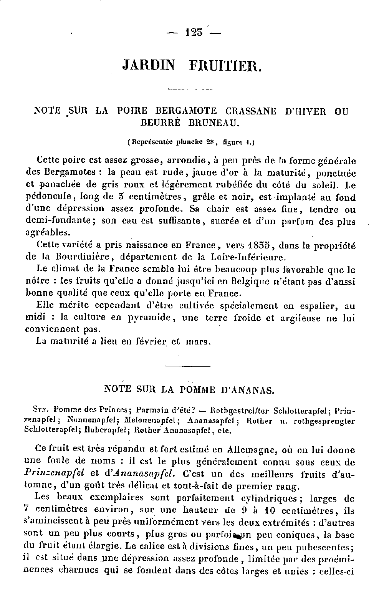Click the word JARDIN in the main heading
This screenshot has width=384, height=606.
point(149,65)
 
